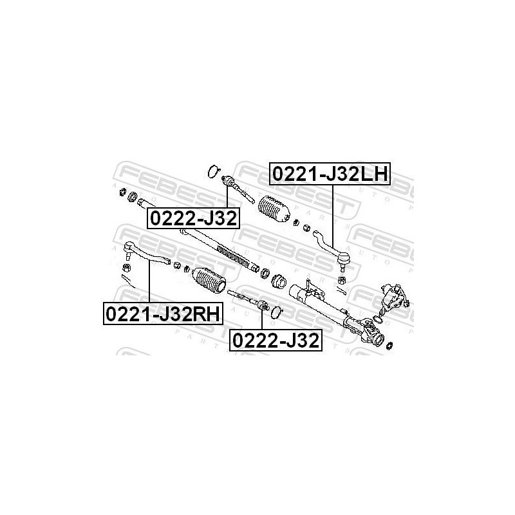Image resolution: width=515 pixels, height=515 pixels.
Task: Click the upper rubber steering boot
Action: click(x=274, y=209)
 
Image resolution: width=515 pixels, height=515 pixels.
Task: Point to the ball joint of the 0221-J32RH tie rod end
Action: click(x=128, y=247)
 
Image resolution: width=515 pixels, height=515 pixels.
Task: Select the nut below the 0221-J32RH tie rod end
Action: click(x=127, y=266)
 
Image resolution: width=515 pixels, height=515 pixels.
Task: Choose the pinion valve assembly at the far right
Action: click(x=393, y=297)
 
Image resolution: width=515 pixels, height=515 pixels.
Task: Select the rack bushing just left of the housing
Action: click(x=278, y=281)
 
